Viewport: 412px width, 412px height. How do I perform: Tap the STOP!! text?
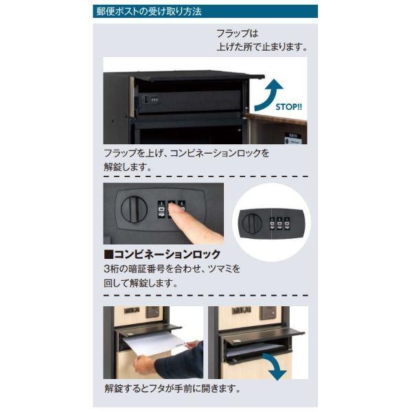click(288, 107)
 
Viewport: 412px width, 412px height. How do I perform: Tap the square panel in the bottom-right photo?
click(268, 313)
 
